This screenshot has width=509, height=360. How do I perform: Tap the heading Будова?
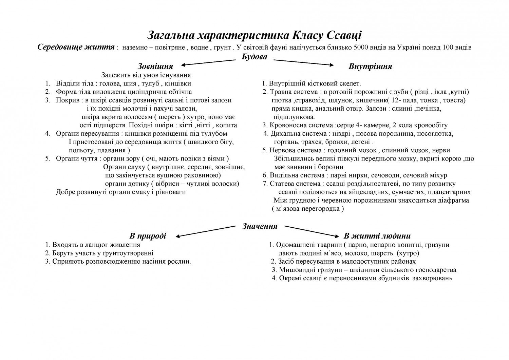click(x=254, y=57)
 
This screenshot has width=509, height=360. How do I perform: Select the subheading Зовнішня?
click(x=155, y=66)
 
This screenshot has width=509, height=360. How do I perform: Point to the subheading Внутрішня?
click(x=370, y=66)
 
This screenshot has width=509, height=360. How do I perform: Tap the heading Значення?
click(x=260, y=226)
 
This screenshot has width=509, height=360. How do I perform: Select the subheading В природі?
click(x=148, y=236)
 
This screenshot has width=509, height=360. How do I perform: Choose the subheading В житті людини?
click(x=377, y=236)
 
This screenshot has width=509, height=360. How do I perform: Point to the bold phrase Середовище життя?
click(x=75, y=47)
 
